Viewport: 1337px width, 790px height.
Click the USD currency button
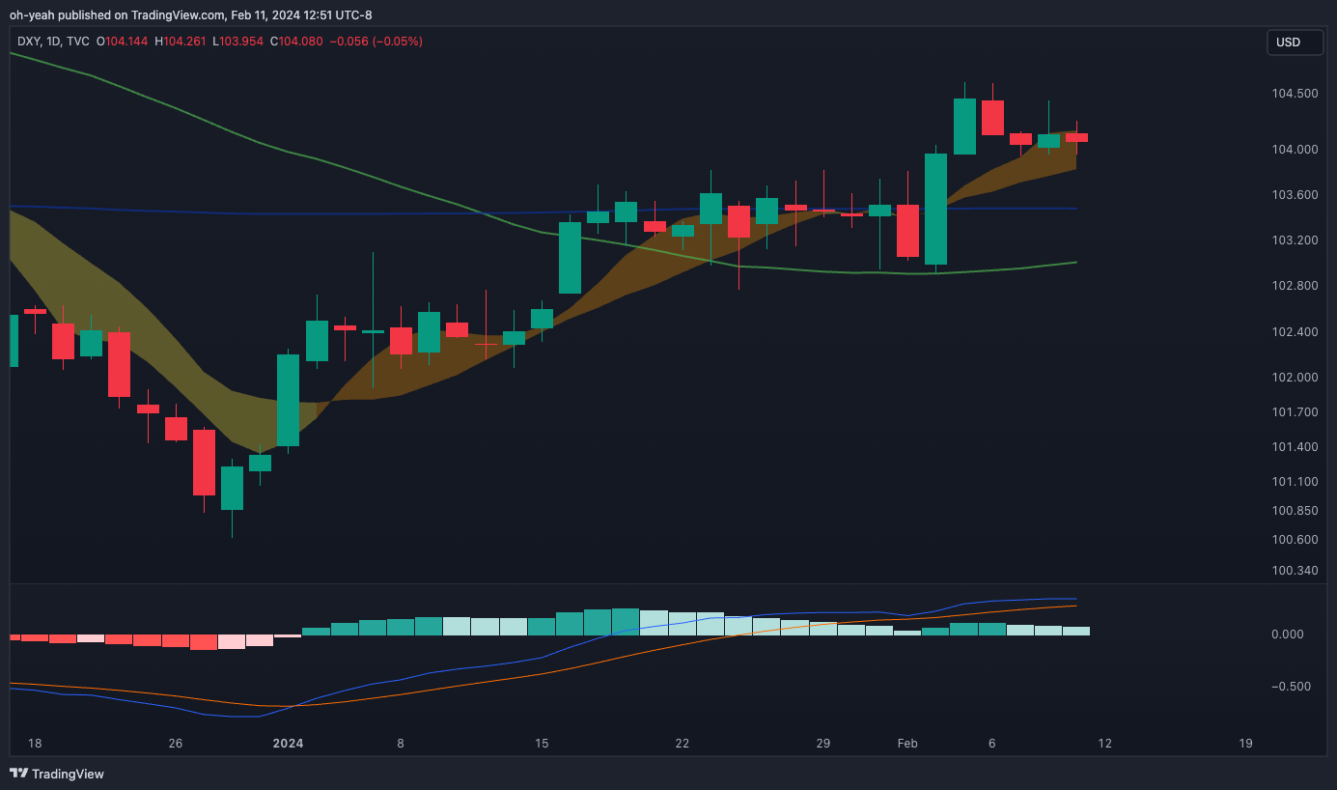click(x=1294, y=42)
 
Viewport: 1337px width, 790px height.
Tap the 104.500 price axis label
click(x=1295, y=94)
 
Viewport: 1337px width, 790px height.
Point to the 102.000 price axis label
click(x=1295, y=378)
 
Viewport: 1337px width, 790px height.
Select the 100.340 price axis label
click(x=1295, y=571)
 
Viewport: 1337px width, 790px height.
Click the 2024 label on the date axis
click(x=288, y=744)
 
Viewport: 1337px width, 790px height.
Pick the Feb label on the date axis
click(x=907, y=744)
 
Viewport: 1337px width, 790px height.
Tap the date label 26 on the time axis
click(x=175, y=744)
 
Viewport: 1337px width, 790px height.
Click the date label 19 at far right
click(x=1245, y=744)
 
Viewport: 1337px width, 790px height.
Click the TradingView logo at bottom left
click(x=57, y=774)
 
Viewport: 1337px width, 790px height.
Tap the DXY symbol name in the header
click(x=28, y=42)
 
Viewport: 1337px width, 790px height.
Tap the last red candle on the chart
click(x=1076, y=137)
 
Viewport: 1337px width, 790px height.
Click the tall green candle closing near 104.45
click(x=964, y=126)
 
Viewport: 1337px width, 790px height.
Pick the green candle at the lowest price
click(x=232, y=488)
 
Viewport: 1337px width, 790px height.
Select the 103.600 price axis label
click(x=1295, y=195)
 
